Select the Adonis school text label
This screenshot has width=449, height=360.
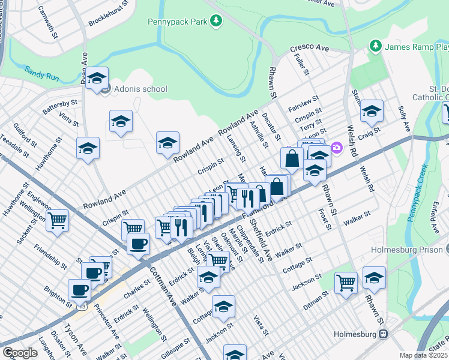click(x=142, y=89)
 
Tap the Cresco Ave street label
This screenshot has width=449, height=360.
click(x=310, y=47)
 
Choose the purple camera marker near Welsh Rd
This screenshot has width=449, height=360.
click(x=337, y=147)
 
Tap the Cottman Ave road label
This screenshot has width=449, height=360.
click(x=163, y=287)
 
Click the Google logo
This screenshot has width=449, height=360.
click(x=20, y=352)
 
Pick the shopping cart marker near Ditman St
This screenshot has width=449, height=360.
click(x=346, y=282)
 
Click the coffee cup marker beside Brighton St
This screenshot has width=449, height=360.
click(x=79, y=290)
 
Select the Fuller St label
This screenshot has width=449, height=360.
click(x=301, y=64)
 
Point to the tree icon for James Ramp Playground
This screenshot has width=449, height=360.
click(x=376, y=46)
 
